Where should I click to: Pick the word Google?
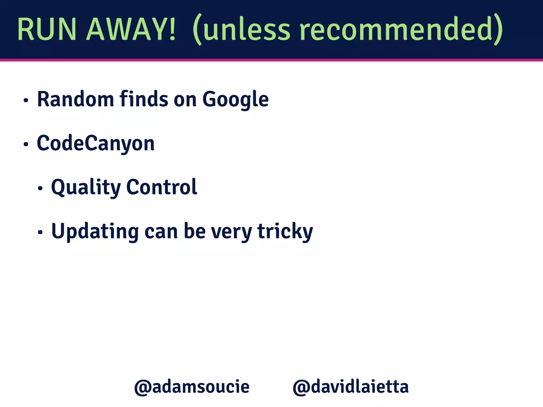pos(235,100)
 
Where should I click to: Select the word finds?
pos(144,99)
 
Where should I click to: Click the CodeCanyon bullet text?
pos(96,144)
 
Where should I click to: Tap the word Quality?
pos(86,188)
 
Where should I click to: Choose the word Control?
pos(162,187)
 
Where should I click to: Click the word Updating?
pos(95,232)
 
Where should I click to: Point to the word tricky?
pos(285,232)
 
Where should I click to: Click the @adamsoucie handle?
pos(192,387)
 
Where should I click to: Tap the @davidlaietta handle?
pos(351,387)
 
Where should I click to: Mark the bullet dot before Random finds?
pos(26,100)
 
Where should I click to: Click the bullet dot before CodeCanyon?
pos(26,144)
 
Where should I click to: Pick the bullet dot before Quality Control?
pos(40,188)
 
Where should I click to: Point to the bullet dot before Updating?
pos(40,232)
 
